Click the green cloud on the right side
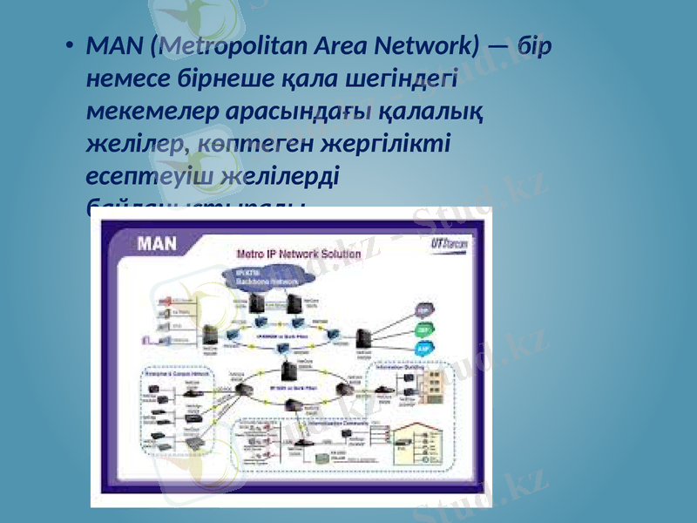pyautogui.click(x=423, y=329)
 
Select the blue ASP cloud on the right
pyautogui.click(x=423, y=348)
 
